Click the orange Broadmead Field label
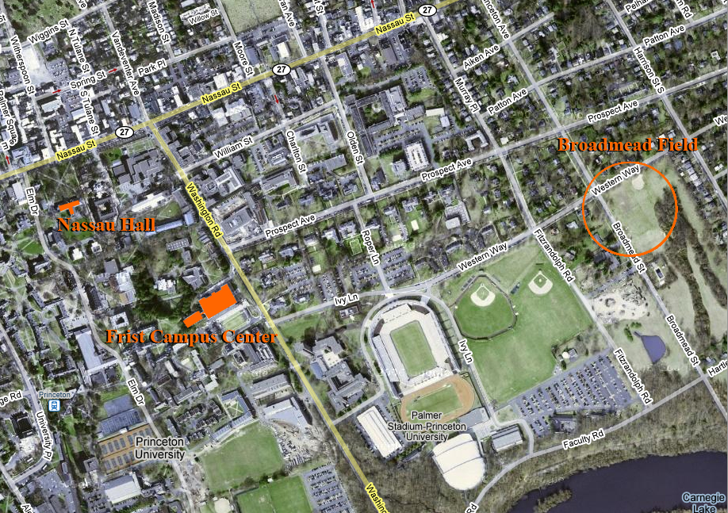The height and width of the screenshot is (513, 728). click(627, 144)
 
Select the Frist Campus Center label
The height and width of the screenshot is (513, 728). click(191, 337)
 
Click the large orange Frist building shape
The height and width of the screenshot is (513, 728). click(216, 301)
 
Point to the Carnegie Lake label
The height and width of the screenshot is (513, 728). click(703, 502)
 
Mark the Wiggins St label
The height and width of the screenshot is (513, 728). click(44, 36)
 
